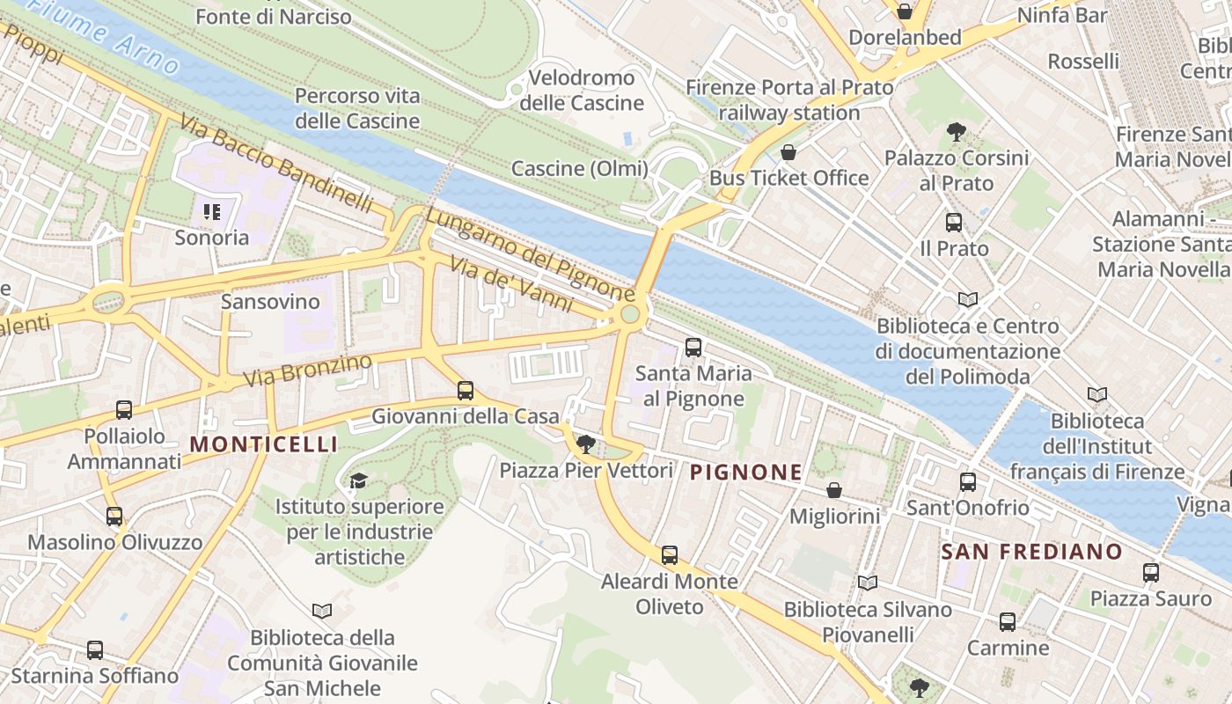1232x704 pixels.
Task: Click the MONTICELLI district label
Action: pyautogui.click(x=264, y=444)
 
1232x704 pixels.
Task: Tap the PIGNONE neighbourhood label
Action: pyautogui.click(x=745, y=473)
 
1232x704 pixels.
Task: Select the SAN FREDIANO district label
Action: pyautogui.click(x=1031, y=552)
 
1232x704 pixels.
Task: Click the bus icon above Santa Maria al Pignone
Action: pyautogui.click(x=693, y=348)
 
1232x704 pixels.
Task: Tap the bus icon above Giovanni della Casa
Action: pyautogui.click(x=466, y=390)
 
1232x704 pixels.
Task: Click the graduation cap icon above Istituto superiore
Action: pyautogui.click(x=358, y=480)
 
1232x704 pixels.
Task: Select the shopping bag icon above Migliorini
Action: pyautogui.click(x=834, y=490)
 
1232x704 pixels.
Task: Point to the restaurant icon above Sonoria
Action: pyautogui.click(x=211, y=211)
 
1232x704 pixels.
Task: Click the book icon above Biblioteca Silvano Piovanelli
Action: pyautogui.click(x=868, y=583)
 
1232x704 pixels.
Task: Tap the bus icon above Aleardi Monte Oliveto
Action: pyautogui.click(x=670, y=555)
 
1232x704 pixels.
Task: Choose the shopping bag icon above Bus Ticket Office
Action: pyautogui.click(x=788, y=152)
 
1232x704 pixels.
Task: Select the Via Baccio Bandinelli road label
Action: pyautogui.click(x=276, y=163)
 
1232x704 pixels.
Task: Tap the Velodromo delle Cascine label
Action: pyautogui.click(x=582, y=91)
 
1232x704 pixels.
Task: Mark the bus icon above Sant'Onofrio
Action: pyautogui.click(x=968, y=482)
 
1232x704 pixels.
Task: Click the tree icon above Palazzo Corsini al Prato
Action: pyautogui.click(x=957, y=133)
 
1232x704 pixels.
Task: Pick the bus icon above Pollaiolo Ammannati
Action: pyautogui.click(x=124, y=410)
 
